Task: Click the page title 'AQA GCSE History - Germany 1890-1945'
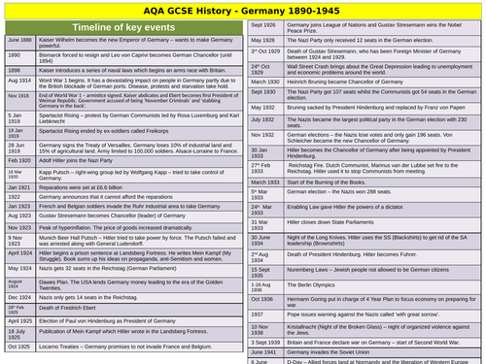click(243, 10)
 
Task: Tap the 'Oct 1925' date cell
click(19, 356)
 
